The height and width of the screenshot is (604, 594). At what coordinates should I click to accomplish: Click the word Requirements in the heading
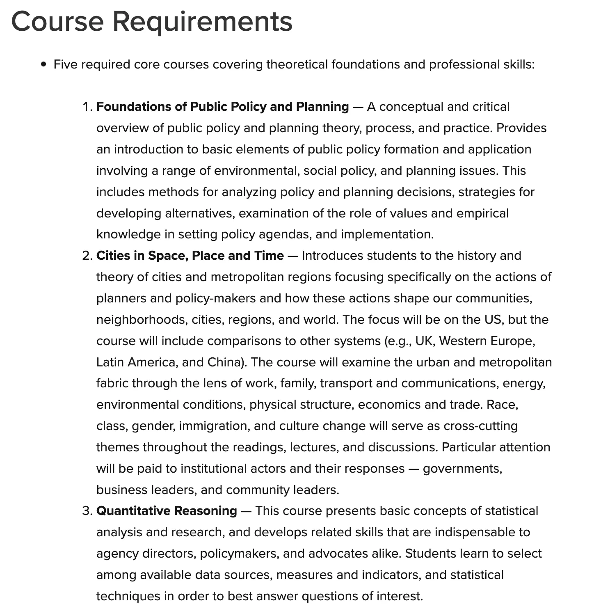pyautogui.click(x=202, y=21)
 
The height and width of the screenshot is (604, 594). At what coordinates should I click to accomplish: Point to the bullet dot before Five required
pyautogui.click(x=44, y=65)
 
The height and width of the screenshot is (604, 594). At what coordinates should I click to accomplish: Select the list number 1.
pyautogui.click(x=87, y=107)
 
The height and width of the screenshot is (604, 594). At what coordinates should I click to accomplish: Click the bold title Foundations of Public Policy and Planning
pyautogui.click(x=222, y=107)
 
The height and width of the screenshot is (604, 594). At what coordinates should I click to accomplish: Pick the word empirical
pyautogui.click(x=482, y=213)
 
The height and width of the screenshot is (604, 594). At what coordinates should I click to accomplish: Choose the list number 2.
pyautogui.click(x=87, y=256)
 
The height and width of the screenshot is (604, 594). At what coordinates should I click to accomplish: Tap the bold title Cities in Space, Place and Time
pyautogui.click(x=190, y=256)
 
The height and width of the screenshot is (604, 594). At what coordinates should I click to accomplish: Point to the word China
pyautogui.click(x=224, y=362)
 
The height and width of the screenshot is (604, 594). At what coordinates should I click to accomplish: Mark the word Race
pyautogui.click(x=502, y=405)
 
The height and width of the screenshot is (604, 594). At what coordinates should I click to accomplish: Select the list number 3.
pyautogui.click(x=87, y=511)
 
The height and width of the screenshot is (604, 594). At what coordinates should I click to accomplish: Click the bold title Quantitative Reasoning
pyautogui.click(x=167, y=511)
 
